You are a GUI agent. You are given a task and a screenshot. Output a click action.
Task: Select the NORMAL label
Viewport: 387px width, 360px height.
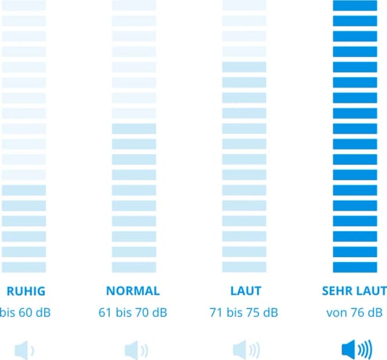click(x=133, y=290)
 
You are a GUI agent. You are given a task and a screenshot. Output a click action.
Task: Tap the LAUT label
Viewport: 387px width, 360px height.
click(x=245, y=290)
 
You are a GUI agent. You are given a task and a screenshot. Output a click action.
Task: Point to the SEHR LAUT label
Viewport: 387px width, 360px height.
click(x=354, y=290)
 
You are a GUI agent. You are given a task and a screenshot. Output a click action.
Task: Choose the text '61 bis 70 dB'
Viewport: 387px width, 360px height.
click(x=133, y=313)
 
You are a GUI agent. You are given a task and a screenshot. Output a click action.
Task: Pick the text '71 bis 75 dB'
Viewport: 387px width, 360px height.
click(x=245, y=313)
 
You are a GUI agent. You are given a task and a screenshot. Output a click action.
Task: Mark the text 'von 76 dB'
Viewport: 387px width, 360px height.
click(x=354, y=313)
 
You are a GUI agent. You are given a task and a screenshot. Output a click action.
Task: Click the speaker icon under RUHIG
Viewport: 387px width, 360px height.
click(x=24, y=349)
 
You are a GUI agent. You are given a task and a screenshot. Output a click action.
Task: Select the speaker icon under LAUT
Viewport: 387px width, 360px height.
click(x=246, y=349)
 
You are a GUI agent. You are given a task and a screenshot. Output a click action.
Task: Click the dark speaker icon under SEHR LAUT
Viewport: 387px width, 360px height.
click(x=356, y=349)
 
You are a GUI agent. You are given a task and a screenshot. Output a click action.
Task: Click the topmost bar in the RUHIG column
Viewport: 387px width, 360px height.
click(x=24, y=5)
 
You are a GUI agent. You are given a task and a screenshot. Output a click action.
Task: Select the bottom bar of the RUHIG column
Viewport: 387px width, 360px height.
click(x=24, y=267)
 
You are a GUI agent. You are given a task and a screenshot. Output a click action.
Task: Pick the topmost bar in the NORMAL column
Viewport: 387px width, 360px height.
click(x=134, y=5)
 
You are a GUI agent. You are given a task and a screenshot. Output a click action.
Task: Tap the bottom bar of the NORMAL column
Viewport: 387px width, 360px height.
click(x=134, y=267)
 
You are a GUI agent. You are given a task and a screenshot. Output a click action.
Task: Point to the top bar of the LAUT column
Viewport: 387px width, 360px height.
click(x=244, y=5)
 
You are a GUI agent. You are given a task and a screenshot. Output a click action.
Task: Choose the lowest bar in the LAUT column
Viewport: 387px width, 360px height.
click(x=244, y=267)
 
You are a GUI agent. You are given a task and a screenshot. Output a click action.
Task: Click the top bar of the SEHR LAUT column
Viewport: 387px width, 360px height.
click(x=354, y=5)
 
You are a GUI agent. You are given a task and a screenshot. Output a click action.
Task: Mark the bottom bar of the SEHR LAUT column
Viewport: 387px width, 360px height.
click(x=354, y=267)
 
